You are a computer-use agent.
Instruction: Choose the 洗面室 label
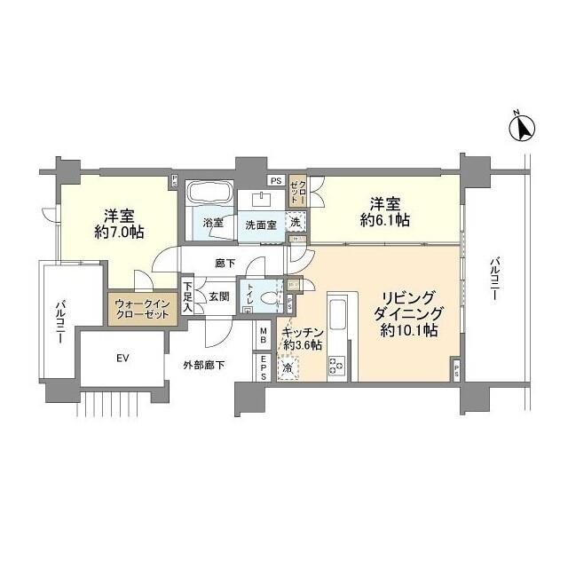[x=261, y=225]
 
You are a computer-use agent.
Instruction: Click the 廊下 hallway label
[x=225, y=264]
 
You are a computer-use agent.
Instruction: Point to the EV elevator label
[x=122, y=359]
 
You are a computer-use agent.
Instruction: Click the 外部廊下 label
[x=204, y=365]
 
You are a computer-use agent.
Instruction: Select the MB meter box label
[x=264, y=335]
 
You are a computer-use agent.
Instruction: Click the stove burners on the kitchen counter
[x=337, y=363]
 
